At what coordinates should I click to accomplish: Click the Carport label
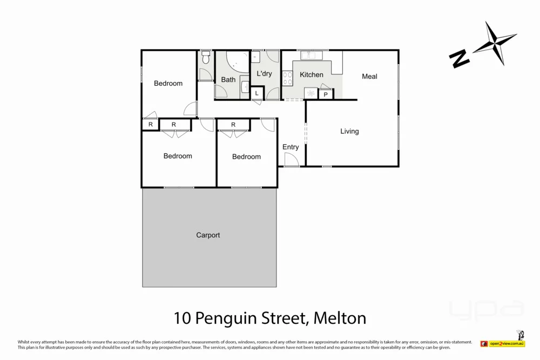point(208,235)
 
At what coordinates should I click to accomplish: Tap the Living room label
point(349,131)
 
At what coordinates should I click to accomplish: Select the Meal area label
point(369,77)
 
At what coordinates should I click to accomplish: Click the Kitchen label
point(312,75)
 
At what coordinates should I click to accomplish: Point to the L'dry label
point(264,73)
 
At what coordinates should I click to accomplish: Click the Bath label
point(228,80)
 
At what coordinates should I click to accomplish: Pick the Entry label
point(291,147)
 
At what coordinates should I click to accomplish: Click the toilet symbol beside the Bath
point(206,58)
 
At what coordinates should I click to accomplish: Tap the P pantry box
point(326,95)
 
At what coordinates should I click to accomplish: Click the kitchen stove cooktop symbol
point(287,79)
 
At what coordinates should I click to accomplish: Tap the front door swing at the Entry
point(291,160)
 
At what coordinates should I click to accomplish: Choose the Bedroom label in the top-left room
point(168,84)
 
